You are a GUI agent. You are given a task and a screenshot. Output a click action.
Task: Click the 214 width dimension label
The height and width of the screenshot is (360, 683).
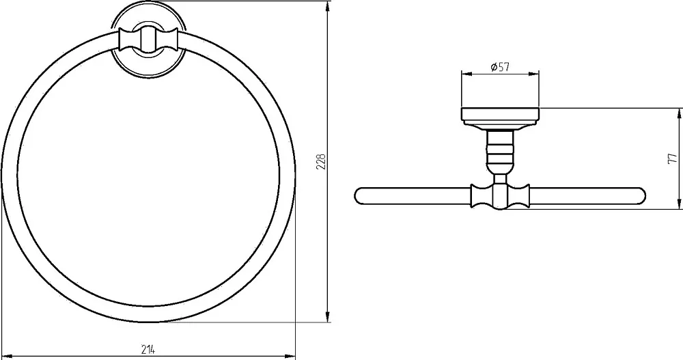pyautogui.click(x=148, y=348)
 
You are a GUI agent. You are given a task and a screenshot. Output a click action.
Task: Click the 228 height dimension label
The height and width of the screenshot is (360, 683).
pyautogui.click(x=322, y=161)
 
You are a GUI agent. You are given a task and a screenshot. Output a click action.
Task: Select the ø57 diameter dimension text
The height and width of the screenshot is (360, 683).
pyautogui.click(x=500, y=67)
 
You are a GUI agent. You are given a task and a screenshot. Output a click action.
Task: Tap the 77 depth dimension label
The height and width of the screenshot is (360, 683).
pyautogui.click(x=673, y=158)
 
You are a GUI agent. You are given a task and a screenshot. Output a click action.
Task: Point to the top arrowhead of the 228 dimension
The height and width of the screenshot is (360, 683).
pyautogui.click(x=328, y=7)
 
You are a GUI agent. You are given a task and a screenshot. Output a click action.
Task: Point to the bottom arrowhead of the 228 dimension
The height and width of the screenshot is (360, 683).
pyautogui.click(x=328, y=317)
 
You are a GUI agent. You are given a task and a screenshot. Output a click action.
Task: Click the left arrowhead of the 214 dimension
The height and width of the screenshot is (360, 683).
pyautogui.click(x=7, y=356)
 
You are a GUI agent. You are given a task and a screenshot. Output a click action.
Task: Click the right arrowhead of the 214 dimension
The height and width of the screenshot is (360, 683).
pyautogui.click(x=290, y=356)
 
